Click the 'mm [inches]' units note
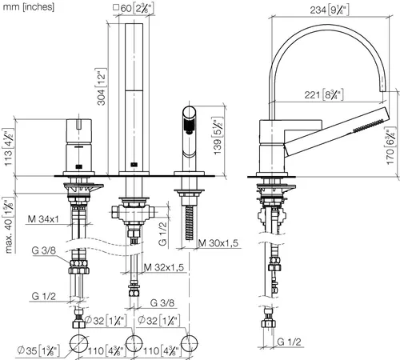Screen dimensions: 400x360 point(28,7)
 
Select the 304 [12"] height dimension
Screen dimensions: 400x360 point(102,86)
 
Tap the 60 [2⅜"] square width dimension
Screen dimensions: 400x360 point(134,8)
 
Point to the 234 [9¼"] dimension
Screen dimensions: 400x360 point(330,10)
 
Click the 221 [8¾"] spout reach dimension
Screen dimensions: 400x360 point(324,94)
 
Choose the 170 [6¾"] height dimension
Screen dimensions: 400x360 point(390,146)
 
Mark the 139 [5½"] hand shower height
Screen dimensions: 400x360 point(218,135)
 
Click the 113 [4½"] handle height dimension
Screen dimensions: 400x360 point(8,147)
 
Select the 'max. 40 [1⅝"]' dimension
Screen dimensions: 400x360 point(9,225)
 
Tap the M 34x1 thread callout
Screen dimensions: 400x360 point(43,219)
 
